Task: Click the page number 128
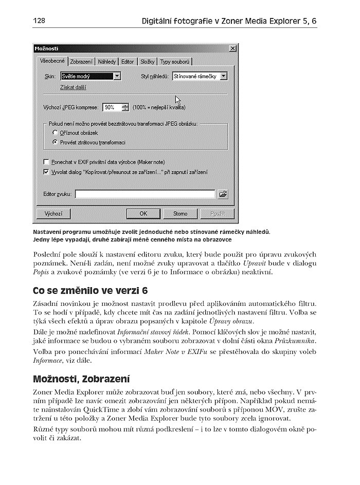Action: (39, 21)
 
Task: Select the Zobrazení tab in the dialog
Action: (81, 62)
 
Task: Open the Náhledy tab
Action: (107, 62)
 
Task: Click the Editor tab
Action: (128, 62)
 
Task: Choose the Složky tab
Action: (148, 62)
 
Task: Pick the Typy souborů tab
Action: (175, 62)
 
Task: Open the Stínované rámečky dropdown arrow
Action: (223, 76)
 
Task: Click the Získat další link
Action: (73, 87)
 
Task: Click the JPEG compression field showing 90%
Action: (111, 107)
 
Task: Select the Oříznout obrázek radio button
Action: (55, 133)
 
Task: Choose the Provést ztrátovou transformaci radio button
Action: (55, 142)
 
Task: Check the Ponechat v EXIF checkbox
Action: (46, 161)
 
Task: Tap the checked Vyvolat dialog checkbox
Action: (46, 172)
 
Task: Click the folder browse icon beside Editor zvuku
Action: (223, 194)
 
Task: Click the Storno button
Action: (180, 213)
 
